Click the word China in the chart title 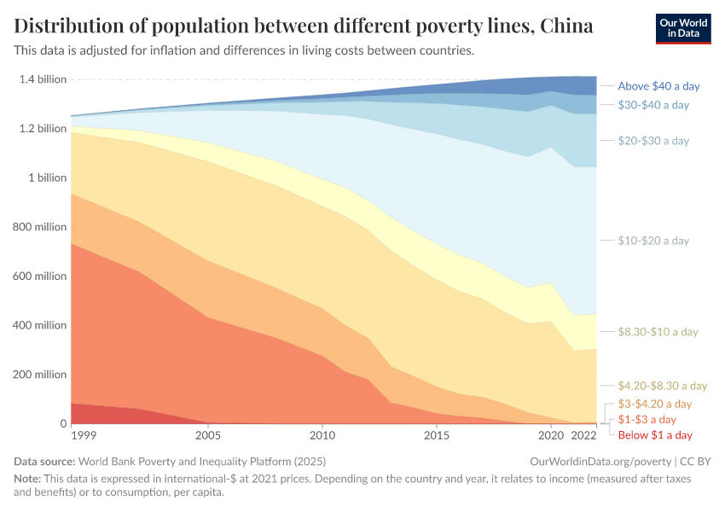click(x=566, y=26)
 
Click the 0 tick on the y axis click(x=62, y=424)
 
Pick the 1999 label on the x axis click(x=84, y=435)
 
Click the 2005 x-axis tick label click(x=209, y=435)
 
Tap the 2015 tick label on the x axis click(x=437, y=435)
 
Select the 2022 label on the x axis click(x=584, y=435)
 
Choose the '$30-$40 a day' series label click(x=653, y=105)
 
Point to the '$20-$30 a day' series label click(x=653, y=141)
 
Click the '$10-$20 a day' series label click(x=653, y=241)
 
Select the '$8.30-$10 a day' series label click(x=658, y=332)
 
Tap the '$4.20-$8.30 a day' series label click(x=663, y=386)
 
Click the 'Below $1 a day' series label click(x=655, y=435)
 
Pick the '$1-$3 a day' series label click(x=647, y=419)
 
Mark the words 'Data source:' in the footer click(x=42, y=461)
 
